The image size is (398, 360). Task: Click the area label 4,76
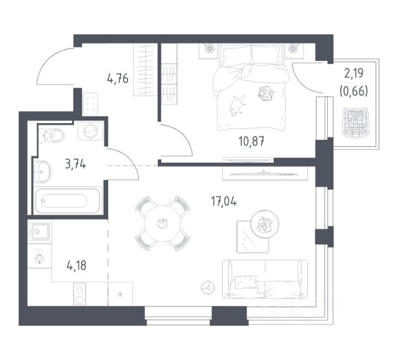pos(118,79)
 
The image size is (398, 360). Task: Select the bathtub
pos(67,201)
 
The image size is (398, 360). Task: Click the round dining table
pos(162,223)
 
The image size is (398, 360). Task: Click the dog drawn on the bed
pos(236,104)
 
